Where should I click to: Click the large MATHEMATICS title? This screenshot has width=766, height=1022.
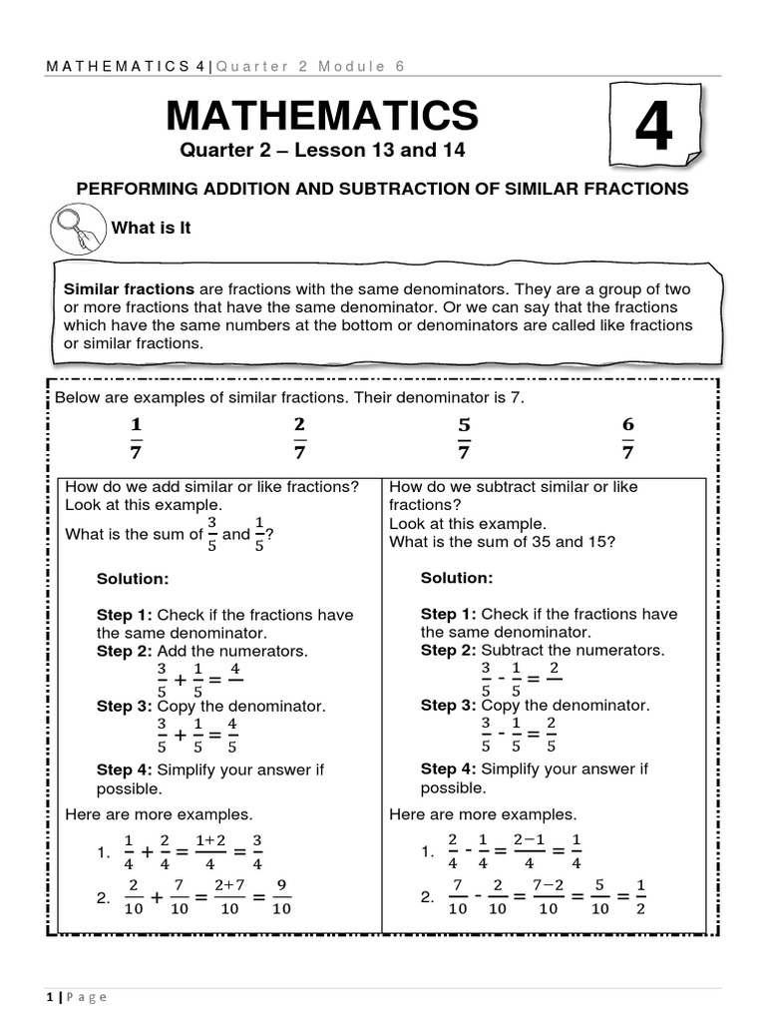tap(322, 116)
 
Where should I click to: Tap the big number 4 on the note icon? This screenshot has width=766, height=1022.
tap(653, 129)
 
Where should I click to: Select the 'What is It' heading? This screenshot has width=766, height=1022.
tap(151, 229)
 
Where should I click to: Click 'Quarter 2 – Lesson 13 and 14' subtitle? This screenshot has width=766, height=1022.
tap(322, 151)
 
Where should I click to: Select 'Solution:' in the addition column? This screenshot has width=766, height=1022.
tap(133, 579)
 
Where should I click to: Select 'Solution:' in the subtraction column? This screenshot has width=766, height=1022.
tap(457, 578)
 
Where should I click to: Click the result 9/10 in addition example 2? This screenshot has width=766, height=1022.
tap(281, 897)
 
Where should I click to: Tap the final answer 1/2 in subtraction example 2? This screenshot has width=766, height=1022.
tap(641, 896)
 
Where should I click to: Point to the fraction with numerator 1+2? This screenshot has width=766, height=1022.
tap(205, 852)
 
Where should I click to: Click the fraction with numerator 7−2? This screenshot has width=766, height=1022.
tap(548, 896)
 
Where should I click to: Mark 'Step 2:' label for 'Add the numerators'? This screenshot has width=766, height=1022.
tap(125, 651)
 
